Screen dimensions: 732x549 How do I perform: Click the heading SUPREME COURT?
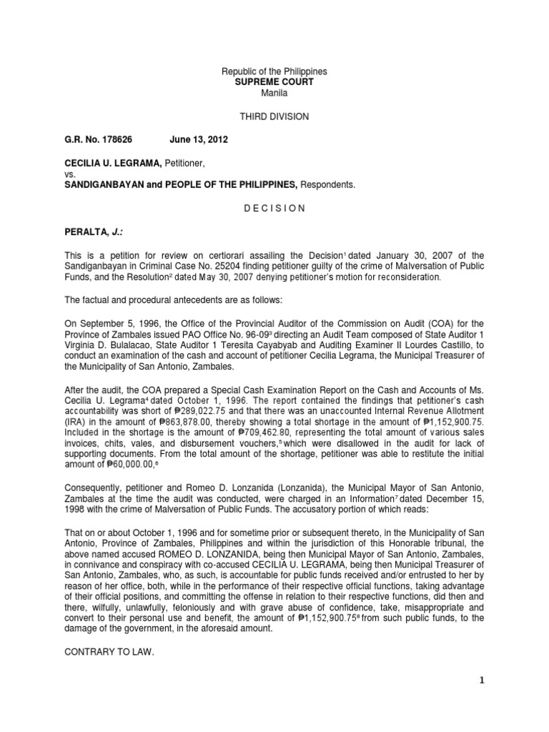coord(274,82)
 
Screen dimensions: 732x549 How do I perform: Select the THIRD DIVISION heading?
coord(274,117)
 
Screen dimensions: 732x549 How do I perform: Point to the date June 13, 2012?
coord(199,139)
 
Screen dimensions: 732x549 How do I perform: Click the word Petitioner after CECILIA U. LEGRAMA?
coord(179,163)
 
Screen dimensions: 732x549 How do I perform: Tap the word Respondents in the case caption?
coord(327,184)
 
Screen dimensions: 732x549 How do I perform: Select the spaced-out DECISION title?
coord(274,208)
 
